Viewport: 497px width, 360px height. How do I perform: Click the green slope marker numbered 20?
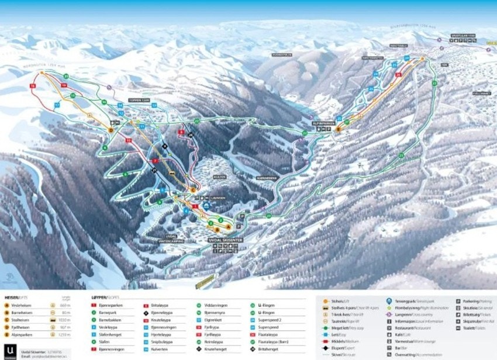click(66, 77)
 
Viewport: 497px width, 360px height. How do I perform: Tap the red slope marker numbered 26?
click(398, 75)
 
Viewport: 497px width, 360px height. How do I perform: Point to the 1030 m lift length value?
click(65, 320)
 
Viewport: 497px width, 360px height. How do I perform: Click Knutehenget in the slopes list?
click(217, 348)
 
